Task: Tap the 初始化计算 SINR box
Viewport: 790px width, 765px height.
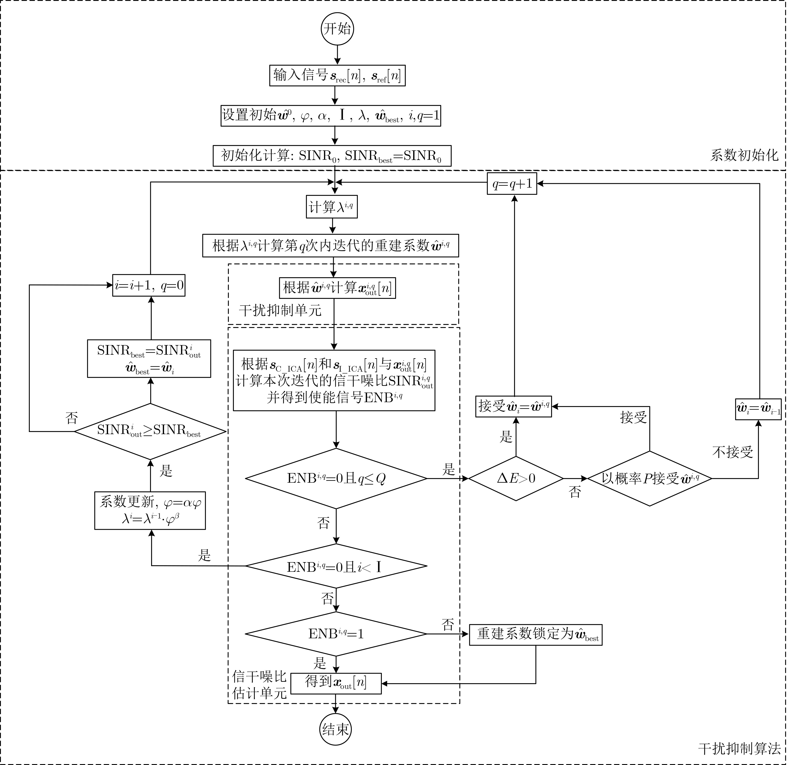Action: pos(332,156)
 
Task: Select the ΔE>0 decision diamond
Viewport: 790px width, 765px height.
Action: pos(516,479)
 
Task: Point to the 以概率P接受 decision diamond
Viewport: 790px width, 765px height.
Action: pos(650,479)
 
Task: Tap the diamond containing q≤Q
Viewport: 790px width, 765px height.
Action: pos(336,479)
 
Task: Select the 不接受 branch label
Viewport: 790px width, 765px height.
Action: pos(732,452)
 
